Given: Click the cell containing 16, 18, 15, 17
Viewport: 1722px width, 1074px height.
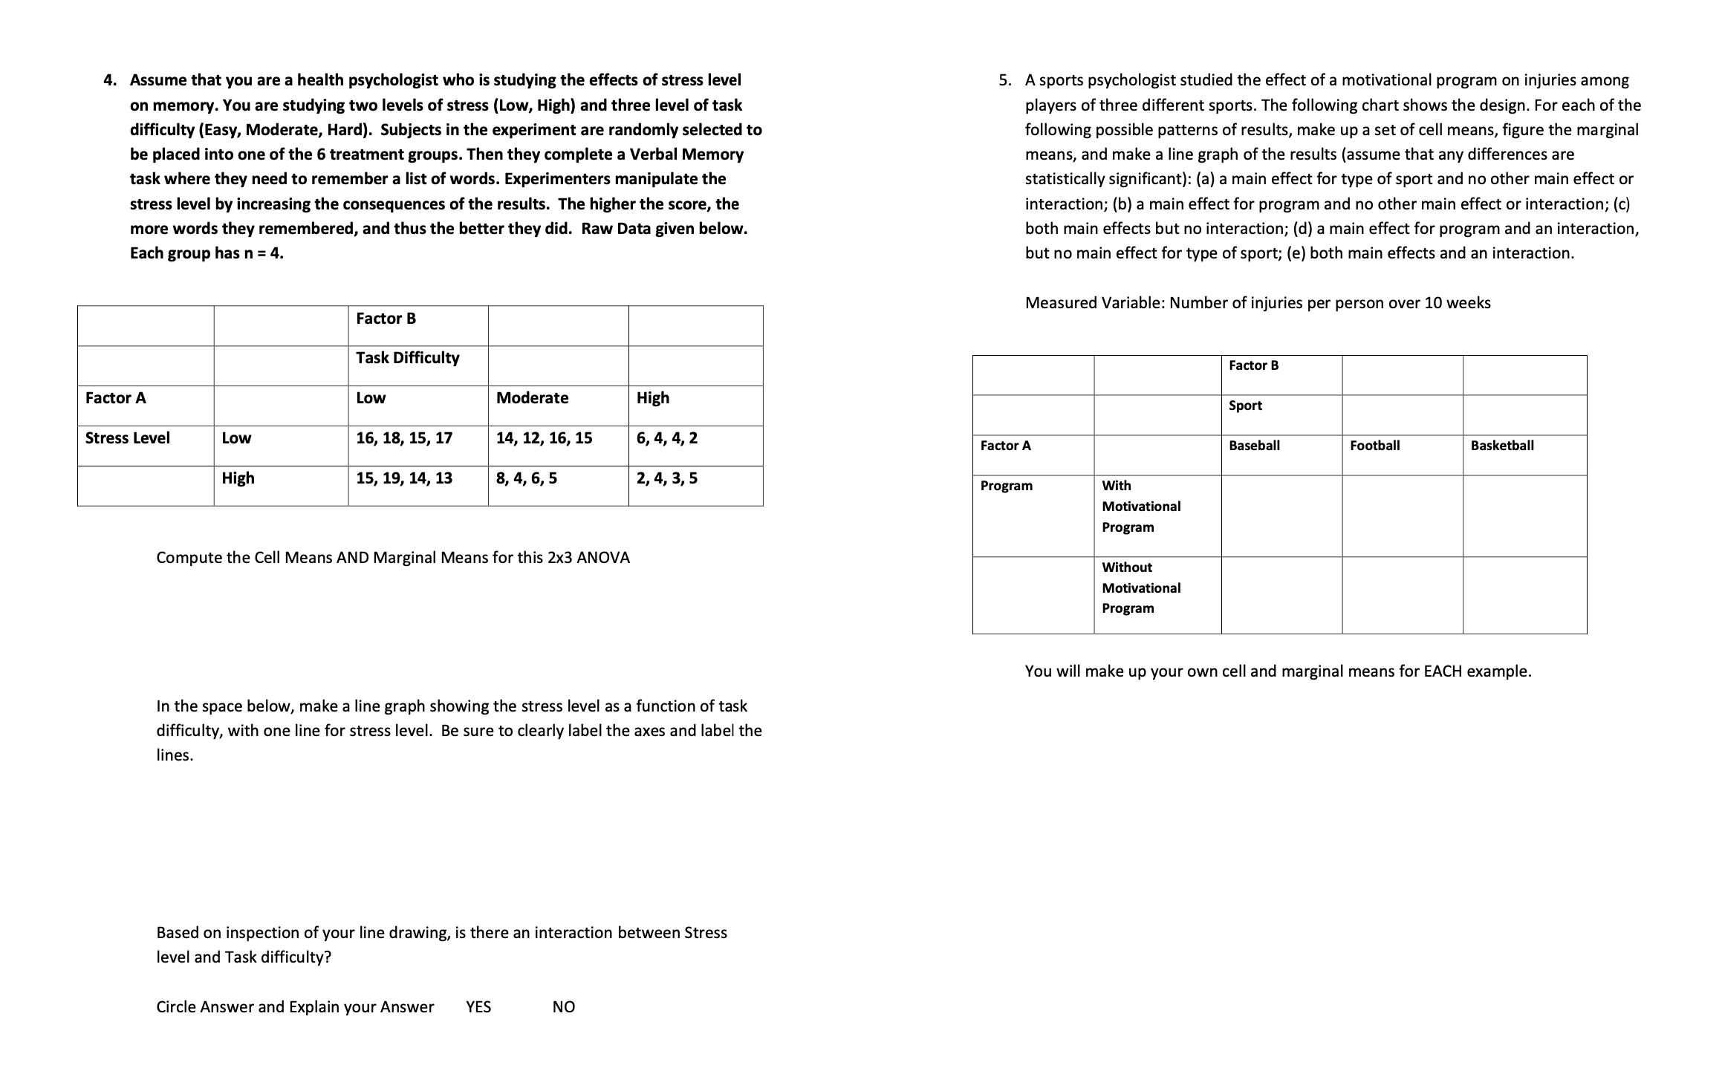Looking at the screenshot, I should click(404, 438).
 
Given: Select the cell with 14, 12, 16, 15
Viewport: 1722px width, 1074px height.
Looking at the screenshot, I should click(544, 438).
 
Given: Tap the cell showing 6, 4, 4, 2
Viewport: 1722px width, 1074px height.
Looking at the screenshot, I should click(667, 438).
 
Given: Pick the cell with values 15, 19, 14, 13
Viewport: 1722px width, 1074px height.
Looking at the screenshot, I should click(404, 478).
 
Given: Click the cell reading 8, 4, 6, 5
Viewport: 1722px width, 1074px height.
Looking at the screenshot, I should click(526, 478).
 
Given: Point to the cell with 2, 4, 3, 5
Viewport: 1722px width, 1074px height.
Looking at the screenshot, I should click(667, 478).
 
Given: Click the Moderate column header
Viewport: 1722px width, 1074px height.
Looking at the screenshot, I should click(532, 398).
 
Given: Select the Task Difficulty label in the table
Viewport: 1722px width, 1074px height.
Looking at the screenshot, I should click(407, 358).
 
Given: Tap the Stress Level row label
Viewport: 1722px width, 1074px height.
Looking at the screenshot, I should click(128, 438).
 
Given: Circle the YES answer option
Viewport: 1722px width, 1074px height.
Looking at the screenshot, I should click(478, 1007).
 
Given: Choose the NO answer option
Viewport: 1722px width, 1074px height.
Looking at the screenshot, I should click(564, 1007).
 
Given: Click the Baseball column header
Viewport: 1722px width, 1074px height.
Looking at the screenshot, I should click(1254, 446).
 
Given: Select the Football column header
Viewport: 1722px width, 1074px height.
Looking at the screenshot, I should click(1374, 446).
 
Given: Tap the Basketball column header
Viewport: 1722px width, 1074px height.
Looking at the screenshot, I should click(1502, 446).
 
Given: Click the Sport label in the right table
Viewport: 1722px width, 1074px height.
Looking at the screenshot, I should click(1245, 406).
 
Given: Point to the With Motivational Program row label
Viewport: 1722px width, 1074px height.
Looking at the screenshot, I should click(1141, 507).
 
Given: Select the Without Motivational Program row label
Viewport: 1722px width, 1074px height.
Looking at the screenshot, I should click(1141, 588).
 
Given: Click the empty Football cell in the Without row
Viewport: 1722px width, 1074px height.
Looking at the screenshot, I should click(1402, 595).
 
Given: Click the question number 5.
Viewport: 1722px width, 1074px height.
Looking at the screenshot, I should click(1004, 80).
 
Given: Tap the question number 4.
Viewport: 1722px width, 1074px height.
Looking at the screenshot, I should click(109, 80).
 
